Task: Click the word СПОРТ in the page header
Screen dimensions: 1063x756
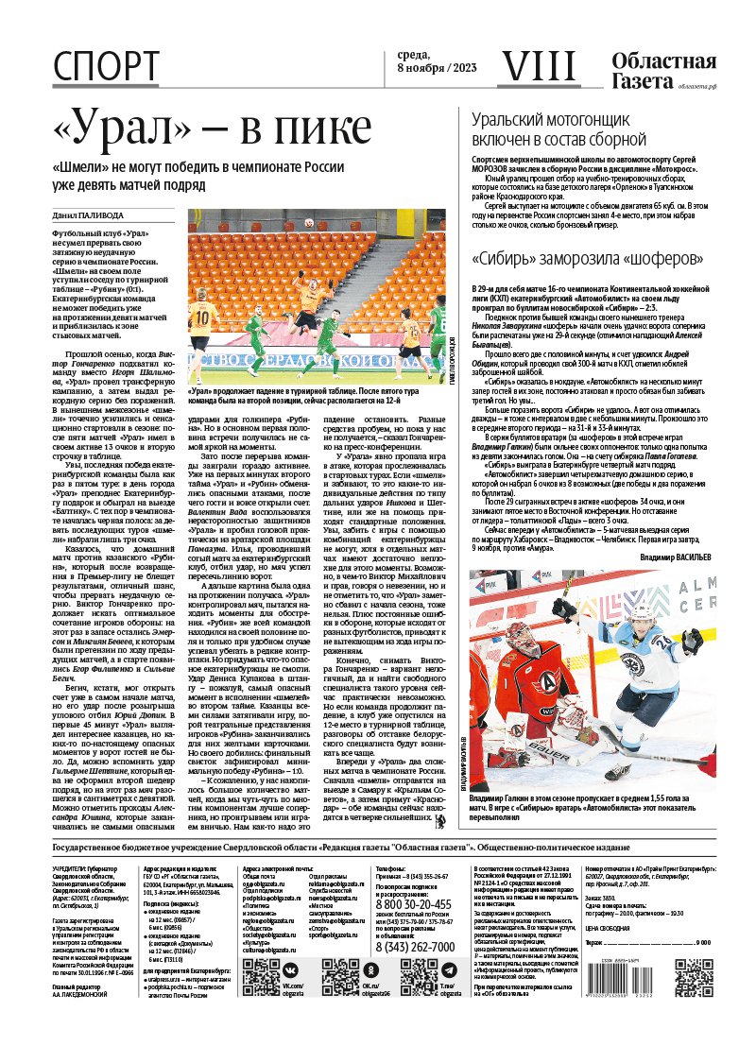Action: tap(106, 65)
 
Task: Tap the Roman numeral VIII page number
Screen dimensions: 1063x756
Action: tap(536, 65)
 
